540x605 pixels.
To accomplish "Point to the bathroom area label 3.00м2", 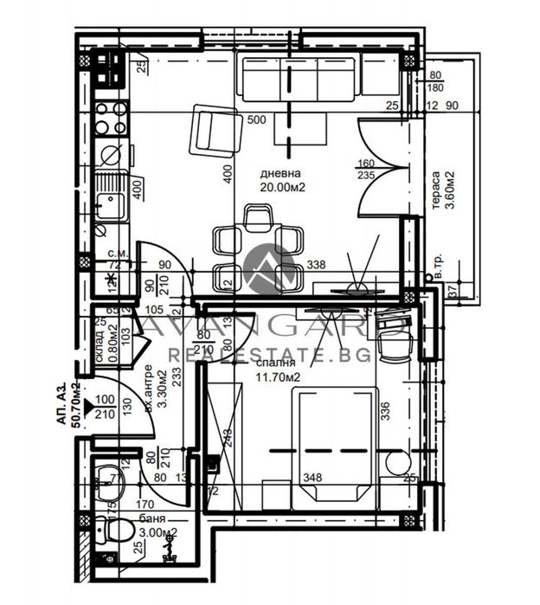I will pyautogui.click(x=157, y=532).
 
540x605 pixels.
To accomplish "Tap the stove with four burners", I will pyautogui.click(x=111, y=119).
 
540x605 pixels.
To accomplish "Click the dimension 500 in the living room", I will pyautogui.click(x=256, y=119).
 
